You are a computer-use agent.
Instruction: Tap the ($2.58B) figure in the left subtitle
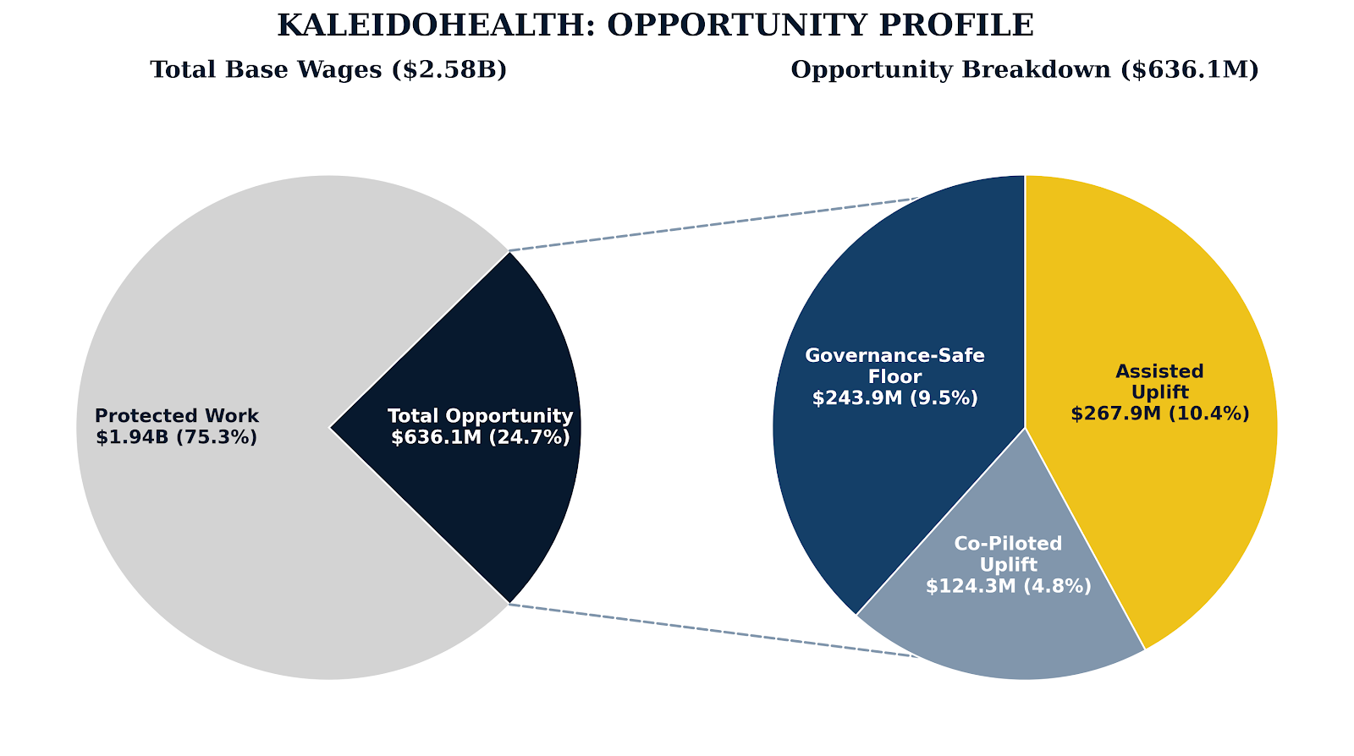tap(449, 69)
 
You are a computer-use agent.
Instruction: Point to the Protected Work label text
tap(177, 416)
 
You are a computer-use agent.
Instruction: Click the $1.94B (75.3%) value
tap(177, 437)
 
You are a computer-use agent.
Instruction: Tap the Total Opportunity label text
tap(480, 416)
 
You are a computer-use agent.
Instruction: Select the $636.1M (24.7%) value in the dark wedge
tap(480, 437)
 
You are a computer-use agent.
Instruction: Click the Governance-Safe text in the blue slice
tap(894, 355)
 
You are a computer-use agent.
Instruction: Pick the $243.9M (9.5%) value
tap(894, 397)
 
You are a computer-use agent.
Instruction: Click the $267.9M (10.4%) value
tap(1159, 414)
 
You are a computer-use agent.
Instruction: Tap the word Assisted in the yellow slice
tap(1159, 371)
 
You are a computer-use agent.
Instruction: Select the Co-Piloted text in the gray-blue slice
tap(1008, 544)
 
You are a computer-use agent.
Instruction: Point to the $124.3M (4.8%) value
tap(1008, 586)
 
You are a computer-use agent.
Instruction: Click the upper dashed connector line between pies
tap(711, 224)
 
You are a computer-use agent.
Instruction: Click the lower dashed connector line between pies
tap(711, 630)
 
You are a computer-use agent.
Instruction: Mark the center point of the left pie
tap(329, 427)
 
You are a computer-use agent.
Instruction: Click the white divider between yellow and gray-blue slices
tap(1085, 539)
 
